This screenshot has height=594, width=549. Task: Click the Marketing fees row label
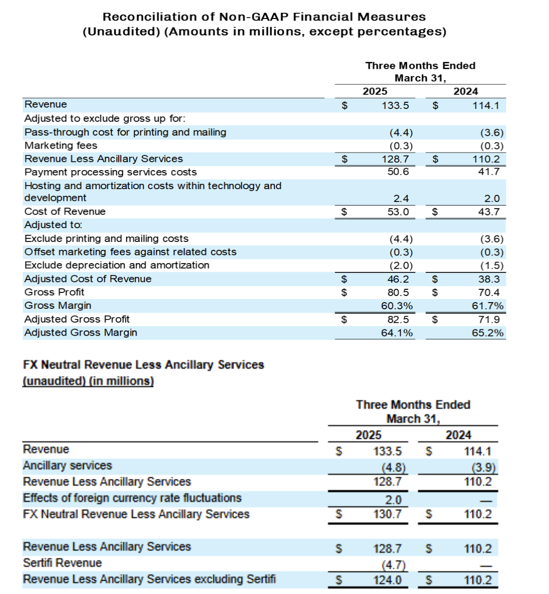pyautogui.click(x=61, y=145)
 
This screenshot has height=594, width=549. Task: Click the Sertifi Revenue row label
pyautogui.click(x=62, y=563)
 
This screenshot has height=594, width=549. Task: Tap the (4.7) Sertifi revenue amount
pyautogui.click(x=393, y=565)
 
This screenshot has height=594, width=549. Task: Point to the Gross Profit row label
pyautogui.click(x=54, y=292)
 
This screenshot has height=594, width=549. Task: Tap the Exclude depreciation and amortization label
pyautogui.click(x=117, y=265)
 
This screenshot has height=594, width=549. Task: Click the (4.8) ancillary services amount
pyautogui.click(x=393, y=468)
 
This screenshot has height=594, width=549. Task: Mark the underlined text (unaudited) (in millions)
pyautogui.click(x=88, y=381)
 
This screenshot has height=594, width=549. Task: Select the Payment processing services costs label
pyautogui.click(x=111, y=172)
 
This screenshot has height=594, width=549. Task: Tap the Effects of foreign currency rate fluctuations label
pyautogui.click(x=132, y=498)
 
